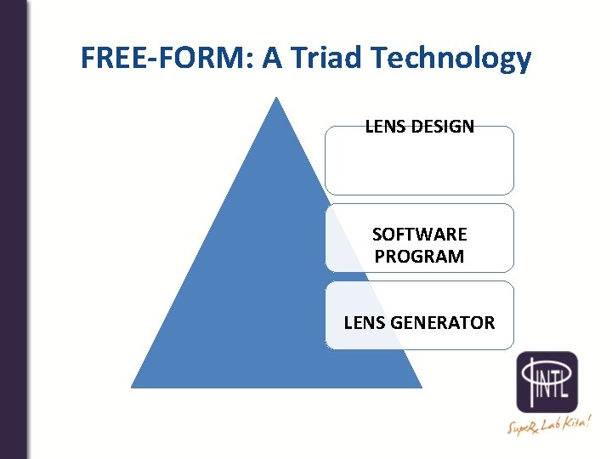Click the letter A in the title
pyautogui.click(x=273, y=58)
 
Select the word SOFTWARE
pyautogui.click(x=419, y=235)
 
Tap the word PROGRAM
pyautogui.click(x=419, y=256)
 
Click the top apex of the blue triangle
pyautogui.click(x=276, y=99)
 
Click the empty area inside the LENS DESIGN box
pyautogui.click(x=419, y=166)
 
